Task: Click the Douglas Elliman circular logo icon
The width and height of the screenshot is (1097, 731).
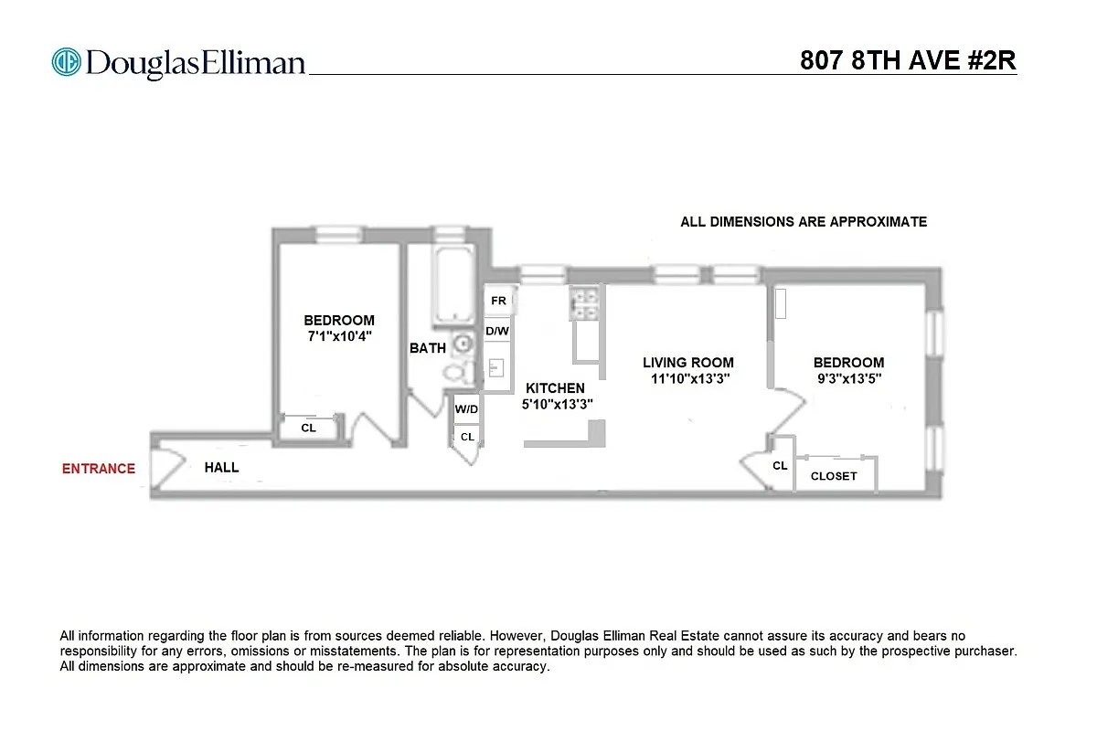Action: (x=67, y=62)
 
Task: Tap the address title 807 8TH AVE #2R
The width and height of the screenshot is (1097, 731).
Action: (x=908, y=60)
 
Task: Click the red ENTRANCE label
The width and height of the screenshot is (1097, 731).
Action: (x=98, y=469)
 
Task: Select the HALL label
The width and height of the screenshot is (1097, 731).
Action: (x=221, y=467)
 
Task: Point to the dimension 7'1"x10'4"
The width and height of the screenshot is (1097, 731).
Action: (x=339, y=336)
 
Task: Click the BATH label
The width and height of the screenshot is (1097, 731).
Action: (x=428, y=348)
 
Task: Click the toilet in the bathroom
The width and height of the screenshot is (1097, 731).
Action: (x=456, y=372)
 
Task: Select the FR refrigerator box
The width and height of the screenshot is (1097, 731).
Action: (x=498, y=301)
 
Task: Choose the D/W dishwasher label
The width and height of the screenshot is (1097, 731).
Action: (x=497, y=331)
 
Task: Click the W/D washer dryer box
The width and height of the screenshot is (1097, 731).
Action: (x=466, y=409)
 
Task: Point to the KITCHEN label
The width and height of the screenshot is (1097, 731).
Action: (x=555, y=388)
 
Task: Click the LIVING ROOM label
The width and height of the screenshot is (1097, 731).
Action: (x=687, y=363)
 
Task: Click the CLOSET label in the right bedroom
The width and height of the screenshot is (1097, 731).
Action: (x=834, y=476)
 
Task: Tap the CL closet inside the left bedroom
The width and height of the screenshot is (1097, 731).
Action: (x=308, y=428)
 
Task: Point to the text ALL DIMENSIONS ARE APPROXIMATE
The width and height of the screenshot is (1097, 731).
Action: (x=804, y=222)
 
